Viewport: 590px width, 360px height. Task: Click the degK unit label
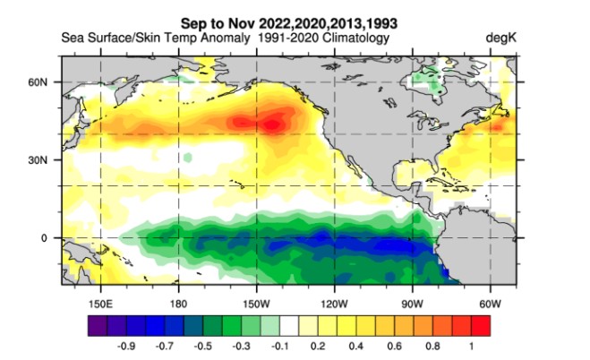coord(500,39)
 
